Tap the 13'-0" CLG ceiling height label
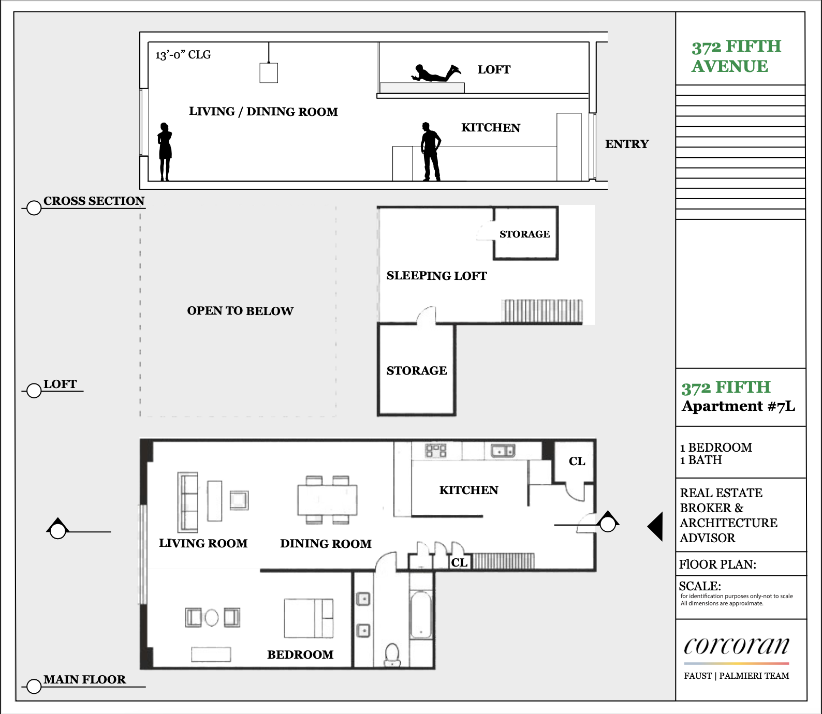(x=183, y=55)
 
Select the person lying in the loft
(x=436, y=73)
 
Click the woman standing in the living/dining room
(x=165, y=152)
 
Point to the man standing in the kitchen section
(x=431, y=151)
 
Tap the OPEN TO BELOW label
(x=240, y=311)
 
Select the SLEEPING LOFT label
(x=436, y=276)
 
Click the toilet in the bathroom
(x=392, y=654)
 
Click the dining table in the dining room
(x=327, y=500)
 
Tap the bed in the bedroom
(x=309, y=618)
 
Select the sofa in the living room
(x=188, y=502)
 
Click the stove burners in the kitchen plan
(x=436, y=450)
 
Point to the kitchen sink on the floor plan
(x=503, y=451)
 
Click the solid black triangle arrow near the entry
(x=655, y=527)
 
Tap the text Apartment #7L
(x=738, y=406)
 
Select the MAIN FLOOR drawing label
(x=85, y=679)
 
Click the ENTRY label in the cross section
(x=627, y=144)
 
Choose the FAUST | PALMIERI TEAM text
(x=737, y=676)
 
